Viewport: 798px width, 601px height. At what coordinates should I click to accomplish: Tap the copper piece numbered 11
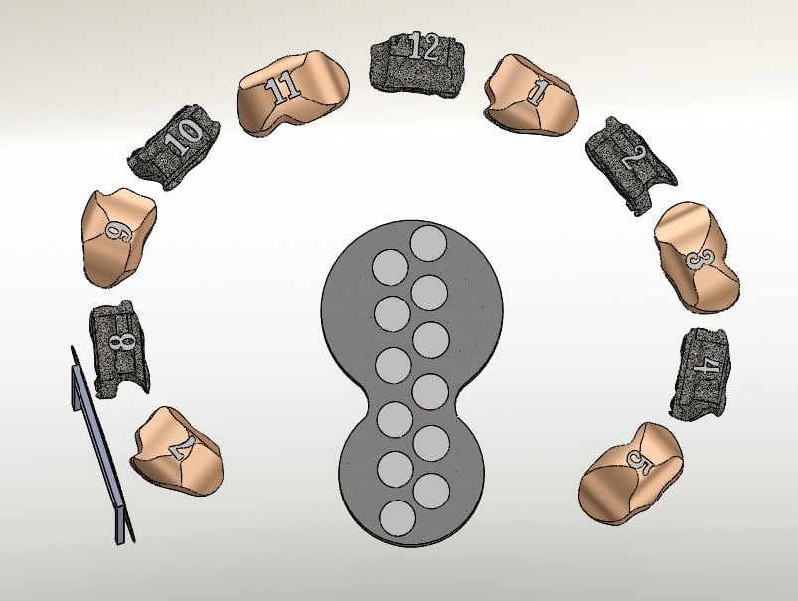pos(292,93)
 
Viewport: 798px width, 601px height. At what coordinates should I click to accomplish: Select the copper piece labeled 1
pos(531,96)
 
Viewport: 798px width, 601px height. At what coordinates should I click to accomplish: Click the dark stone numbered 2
pos(631,163)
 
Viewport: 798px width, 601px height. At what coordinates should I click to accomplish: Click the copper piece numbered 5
pos(632,474)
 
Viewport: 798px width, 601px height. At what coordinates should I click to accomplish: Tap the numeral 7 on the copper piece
pos(182,447)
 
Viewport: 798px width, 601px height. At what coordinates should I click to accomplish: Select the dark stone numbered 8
pos(119,348)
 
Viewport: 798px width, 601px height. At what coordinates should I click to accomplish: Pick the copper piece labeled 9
pos(119,237)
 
